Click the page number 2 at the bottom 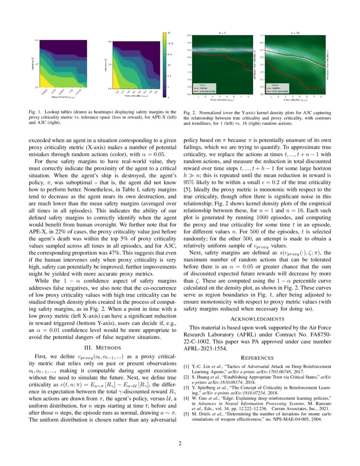[180, 444]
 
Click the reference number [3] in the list [186, 388]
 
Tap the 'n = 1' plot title [222, 33]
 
